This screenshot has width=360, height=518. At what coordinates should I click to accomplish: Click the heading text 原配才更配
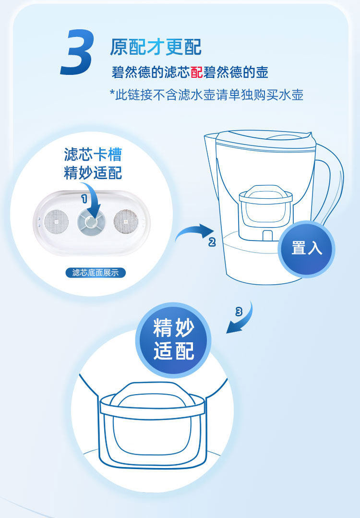click(156, 47)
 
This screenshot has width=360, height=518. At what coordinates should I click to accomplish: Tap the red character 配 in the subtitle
click(196, 72)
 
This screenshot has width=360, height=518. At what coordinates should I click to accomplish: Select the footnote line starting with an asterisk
click(206, 95)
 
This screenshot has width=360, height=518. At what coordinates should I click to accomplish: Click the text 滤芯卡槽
click(93, 154)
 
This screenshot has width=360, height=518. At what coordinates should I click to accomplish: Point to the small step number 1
click(84, 199)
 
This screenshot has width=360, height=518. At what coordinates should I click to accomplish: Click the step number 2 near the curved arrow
click(212, 242)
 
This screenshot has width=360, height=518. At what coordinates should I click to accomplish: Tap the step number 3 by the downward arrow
click(239, 311)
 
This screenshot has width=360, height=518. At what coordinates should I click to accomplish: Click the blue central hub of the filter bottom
click(91, 222)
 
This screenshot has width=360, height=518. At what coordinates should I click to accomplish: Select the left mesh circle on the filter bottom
click(56, 221)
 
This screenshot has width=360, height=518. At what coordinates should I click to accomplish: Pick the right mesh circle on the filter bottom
click(126, 221)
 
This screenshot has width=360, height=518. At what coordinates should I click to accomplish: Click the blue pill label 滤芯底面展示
click(96, 273)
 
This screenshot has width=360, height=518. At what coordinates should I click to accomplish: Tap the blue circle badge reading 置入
click(306, 249)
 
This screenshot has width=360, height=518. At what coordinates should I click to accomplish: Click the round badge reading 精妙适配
click(173, 340)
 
